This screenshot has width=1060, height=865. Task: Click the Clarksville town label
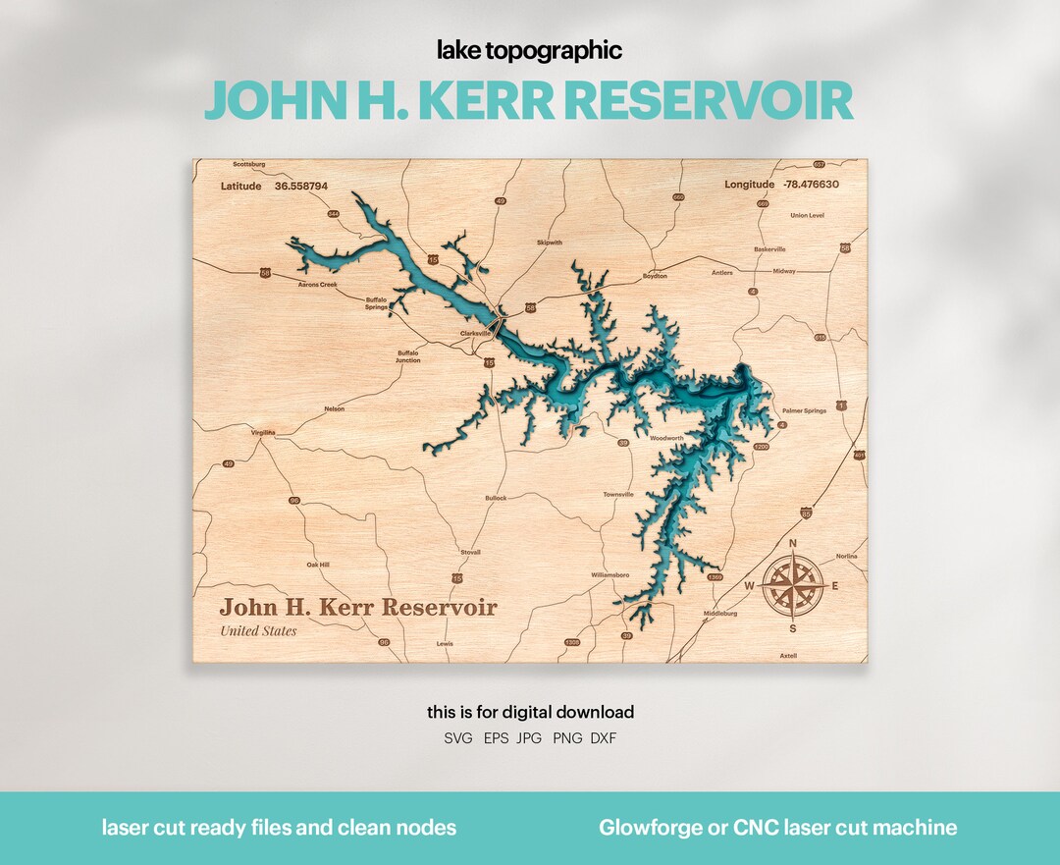point(475,333)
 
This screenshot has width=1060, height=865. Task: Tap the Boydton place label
point(654,276)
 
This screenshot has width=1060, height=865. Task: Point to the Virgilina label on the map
point(263,432)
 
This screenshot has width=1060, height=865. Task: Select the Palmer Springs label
point(804,410)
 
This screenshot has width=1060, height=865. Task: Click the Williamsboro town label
point(609,573)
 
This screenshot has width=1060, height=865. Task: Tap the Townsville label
point(618,494)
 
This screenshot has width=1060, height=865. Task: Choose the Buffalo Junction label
point(408,355)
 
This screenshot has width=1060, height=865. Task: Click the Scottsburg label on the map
point(250,164)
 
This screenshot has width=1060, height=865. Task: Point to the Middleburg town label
point(719,613)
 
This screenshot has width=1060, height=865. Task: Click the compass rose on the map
point(793,586)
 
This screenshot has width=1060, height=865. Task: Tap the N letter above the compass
point(793,543)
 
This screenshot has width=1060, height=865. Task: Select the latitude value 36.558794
point(301,185)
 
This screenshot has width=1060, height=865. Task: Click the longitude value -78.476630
point(811,184)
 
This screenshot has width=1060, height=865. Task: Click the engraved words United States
point(258,630)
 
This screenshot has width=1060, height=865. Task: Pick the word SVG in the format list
point(458,737)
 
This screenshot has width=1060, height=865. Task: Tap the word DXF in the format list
point(604,737)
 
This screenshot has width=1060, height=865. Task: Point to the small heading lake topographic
point(530,51)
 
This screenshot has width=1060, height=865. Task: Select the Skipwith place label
point(550,242)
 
